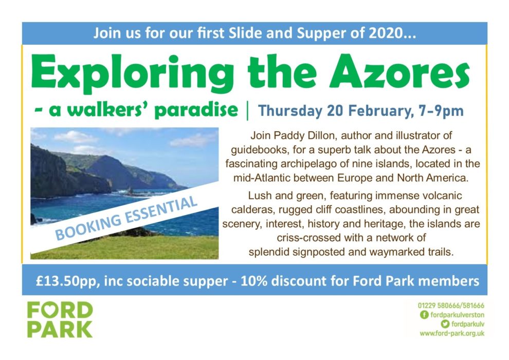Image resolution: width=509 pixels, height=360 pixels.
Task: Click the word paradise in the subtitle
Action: click(196, 110)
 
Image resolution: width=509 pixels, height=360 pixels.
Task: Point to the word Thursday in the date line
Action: click(290, 111)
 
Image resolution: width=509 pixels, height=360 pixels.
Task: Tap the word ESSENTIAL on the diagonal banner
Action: click(161, 211)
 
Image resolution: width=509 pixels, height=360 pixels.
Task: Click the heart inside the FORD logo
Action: click(60, 311)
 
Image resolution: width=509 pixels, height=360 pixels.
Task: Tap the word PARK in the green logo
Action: click(60, 330)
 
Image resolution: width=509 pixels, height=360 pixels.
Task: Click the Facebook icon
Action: click(424, 315)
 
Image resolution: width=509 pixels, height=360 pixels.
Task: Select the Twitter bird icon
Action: click(445, 324)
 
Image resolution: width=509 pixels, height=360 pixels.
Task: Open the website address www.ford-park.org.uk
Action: click(452, 333)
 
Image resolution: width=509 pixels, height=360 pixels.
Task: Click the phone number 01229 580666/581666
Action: click(451, 305)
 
